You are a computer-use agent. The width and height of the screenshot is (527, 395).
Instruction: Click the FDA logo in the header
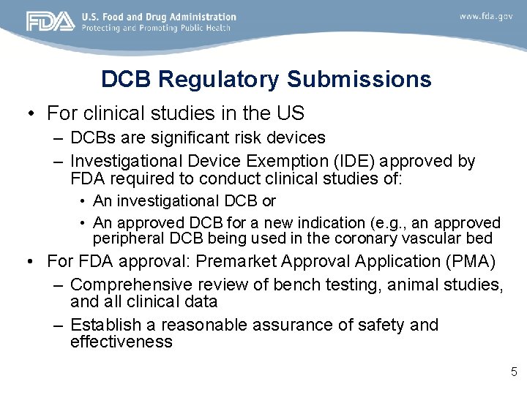point(50,21)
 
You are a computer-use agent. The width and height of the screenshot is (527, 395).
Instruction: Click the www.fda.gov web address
point(486,15)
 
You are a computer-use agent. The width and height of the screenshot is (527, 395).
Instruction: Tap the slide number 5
point(514,372)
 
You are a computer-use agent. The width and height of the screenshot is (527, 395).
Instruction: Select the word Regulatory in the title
point(219,79)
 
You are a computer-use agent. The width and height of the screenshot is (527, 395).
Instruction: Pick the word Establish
point(113,325)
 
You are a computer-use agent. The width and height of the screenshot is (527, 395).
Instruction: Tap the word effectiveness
point(122,342)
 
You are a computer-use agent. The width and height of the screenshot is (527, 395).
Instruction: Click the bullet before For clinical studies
point(30,114)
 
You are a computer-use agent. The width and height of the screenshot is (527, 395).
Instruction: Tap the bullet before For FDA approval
point(30,261)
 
